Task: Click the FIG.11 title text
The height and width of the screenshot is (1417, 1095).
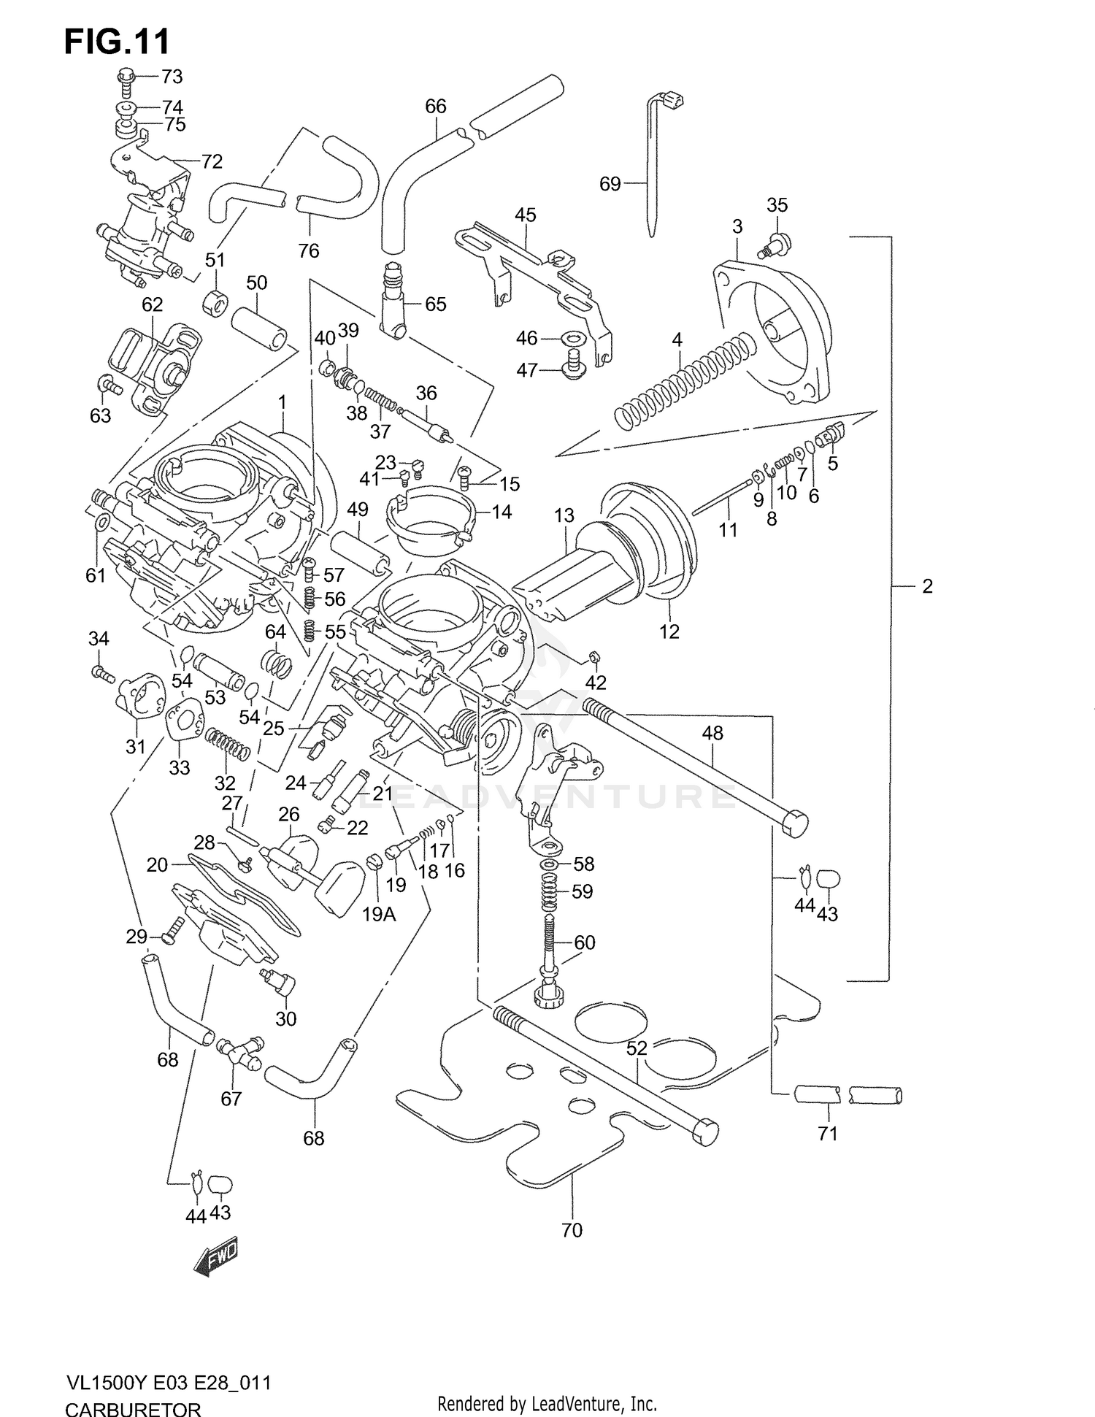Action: (x=117, y=42)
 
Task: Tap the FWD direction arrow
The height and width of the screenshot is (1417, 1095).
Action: (x=216, y=1258)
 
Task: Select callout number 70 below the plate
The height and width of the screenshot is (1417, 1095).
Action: (x=572, y=1230)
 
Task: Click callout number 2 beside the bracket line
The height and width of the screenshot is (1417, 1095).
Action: (x=927, y=586)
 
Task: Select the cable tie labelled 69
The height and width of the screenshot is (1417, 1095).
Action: (x=650, y=175)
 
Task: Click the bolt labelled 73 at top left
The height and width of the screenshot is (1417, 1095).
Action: (x=126, y=79)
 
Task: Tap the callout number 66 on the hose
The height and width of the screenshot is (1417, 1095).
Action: (x=435, y=107)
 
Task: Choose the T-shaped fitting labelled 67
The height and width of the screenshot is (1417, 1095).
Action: (x=238, y=1051)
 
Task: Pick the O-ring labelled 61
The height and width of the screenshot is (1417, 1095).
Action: (x=103, y=523)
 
